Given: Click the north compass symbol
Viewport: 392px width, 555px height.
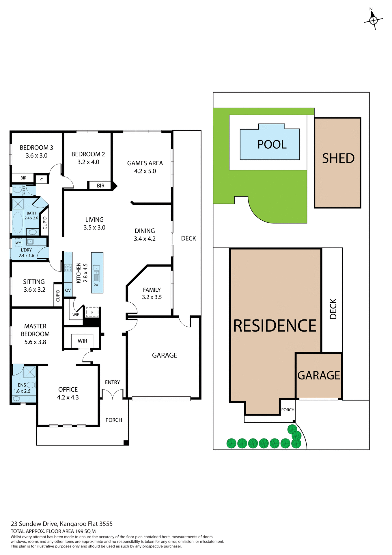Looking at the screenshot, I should click(373, 20).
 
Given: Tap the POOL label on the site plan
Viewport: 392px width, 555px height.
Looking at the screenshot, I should click(272, 145).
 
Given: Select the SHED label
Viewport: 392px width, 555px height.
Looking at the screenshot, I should click(338, 158).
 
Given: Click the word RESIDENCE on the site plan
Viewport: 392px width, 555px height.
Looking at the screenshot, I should click(275, 326).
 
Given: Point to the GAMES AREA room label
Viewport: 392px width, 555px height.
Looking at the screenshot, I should click(145, 163).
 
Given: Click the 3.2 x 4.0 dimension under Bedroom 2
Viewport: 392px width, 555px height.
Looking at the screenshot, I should click(88, 162).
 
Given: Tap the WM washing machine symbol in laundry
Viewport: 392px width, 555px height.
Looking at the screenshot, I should click(18, 243).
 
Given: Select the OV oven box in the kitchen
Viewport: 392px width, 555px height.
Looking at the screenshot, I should click(68, 290).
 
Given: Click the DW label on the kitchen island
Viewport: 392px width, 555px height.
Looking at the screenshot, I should click(96, 285).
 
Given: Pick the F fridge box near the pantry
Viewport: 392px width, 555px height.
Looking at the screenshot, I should click(92, 312).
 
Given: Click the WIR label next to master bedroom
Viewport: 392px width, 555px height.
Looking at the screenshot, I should click(82, 341).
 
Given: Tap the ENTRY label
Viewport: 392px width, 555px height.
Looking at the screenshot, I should click(112, 382).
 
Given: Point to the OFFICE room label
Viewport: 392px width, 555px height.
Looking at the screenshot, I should click(68, 390).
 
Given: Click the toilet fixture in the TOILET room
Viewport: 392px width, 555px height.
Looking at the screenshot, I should click(17, 190).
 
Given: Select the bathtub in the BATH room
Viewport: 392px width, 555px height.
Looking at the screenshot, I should click(18, 222).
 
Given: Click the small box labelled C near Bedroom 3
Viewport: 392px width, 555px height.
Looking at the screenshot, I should click(42, 180).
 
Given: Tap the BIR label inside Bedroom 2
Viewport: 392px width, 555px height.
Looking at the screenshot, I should click(100, 186).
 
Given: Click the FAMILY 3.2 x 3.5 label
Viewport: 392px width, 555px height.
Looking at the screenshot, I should click(152, 293).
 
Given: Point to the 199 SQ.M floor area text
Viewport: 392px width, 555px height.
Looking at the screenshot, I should click(85, 531).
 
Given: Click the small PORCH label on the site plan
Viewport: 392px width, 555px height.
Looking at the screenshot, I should click(288, 410).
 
